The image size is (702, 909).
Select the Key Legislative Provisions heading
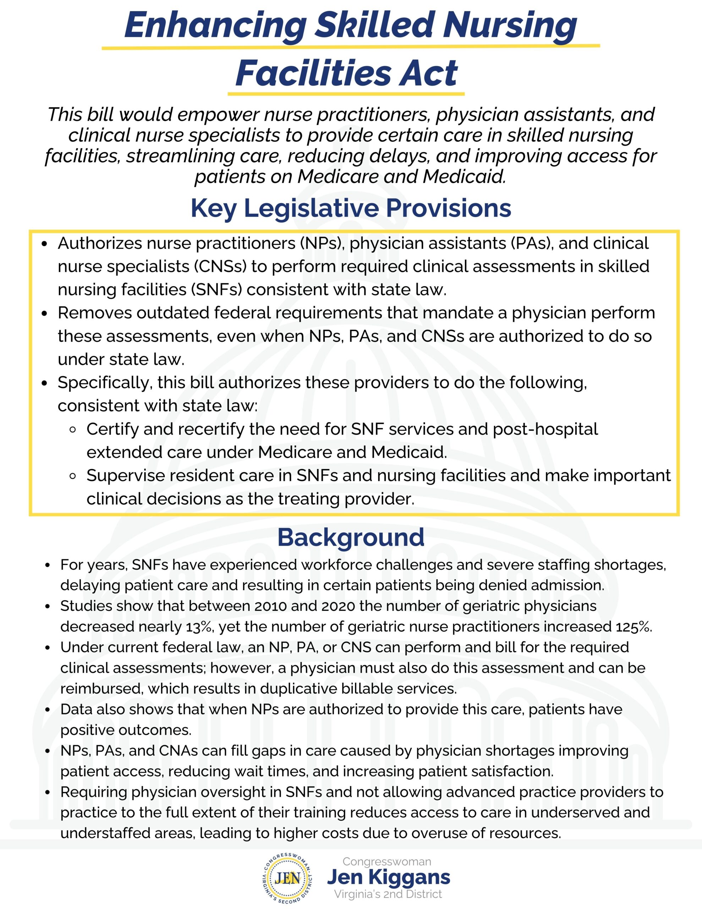(351, 208)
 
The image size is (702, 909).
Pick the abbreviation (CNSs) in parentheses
(220, 266)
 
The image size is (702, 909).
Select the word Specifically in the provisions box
(104, 383)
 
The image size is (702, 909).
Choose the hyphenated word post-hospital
(545, 429)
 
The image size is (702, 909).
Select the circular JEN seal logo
(288, 878)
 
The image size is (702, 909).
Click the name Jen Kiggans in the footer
(388, 877)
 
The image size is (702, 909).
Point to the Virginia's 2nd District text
(388, 894)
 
